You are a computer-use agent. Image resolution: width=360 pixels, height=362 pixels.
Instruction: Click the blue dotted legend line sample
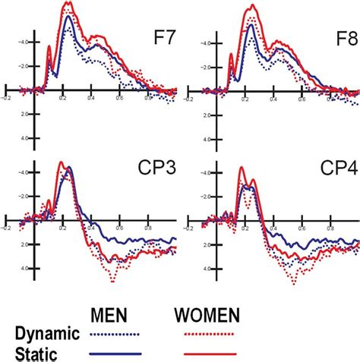115,333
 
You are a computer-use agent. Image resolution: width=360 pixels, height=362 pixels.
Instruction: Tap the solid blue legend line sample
115,351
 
